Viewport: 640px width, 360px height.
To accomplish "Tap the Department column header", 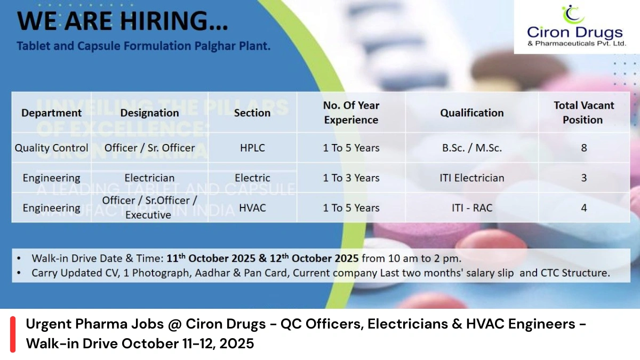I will pos(52,113).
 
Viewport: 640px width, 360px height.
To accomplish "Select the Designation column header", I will pos(149,113).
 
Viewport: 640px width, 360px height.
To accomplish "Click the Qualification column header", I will pos(471,113).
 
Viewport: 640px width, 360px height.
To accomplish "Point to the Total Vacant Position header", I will pos(583,113).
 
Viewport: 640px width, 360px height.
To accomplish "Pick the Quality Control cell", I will pos(52,148).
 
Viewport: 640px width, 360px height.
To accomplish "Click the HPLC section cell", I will pos(252,148).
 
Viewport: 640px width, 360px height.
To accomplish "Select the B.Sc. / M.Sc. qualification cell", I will pos(471,148).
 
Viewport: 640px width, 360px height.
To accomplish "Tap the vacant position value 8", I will pos(583,148).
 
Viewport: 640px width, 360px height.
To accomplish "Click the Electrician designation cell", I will pos(149,178).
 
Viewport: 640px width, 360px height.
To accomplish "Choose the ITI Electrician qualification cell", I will pos(471,178).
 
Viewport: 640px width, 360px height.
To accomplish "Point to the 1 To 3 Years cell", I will pos(351,178).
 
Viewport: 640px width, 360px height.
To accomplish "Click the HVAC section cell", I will pos(252,207).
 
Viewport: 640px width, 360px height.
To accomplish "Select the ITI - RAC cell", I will pos(471,207).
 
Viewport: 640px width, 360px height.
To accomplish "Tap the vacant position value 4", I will pos(583,207).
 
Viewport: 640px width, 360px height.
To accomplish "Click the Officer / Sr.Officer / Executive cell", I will pos(149,207).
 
